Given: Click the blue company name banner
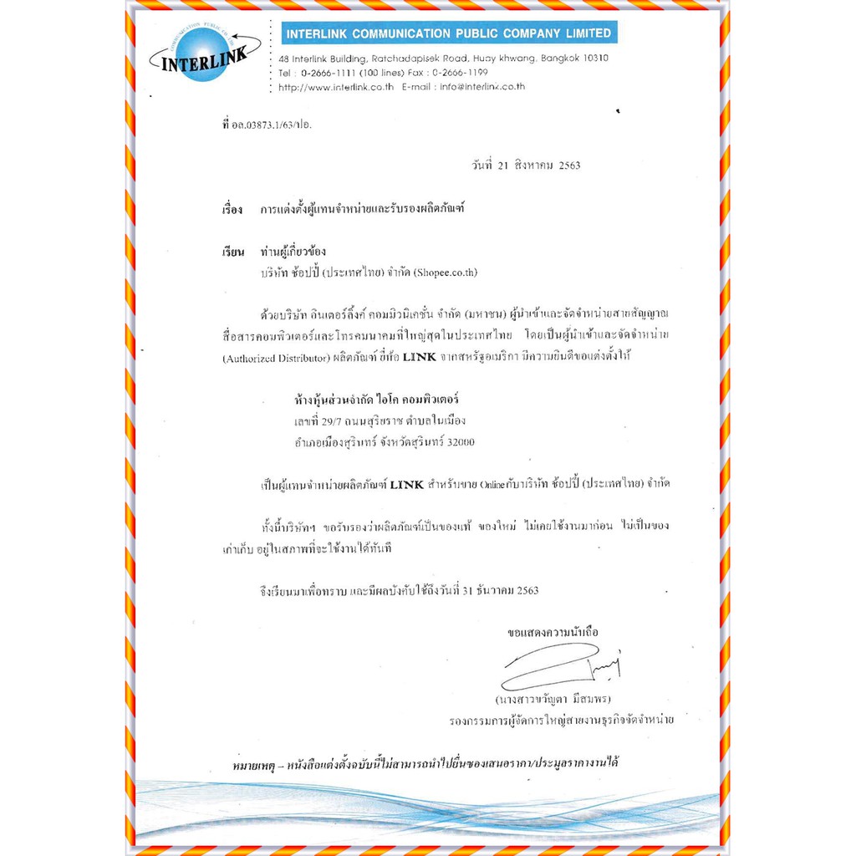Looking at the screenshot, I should tap(448, 33).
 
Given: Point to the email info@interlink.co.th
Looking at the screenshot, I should tap(482, 86).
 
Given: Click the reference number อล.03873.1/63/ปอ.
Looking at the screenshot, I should tap(276, 125).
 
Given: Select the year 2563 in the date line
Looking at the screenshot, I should tap(569, 166).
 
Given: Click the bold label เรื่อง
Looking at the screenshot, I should tap(232, 209).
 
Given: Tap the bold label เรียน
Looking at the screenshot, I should tap(232, 252).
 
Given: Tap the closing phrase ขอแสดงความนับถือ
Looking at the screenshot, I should tap(553, 632).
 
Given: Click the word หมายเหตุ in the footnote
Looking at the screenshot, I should tap(255, 764).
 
